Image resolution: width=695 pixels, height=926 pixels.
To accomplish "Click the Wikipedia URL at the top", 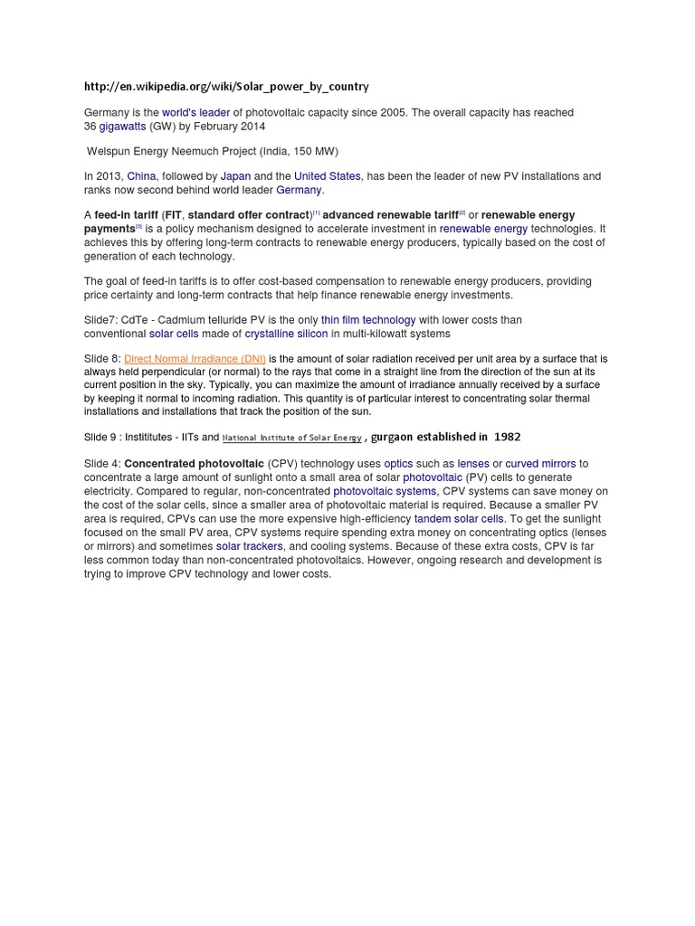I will click(x=226, y=87).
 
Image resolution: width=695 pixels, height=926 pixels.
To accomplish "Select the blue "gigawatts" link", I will click(x=122, y=127).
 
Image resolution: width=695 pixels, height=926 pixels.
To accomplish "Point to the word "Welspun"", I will click(x=109, y=151).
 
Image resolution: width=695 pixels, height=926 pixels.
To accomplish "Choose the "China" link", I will click(x=141, y=176).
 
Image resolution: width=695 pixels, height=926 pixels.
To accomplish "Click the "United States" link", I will click(x=327, y=176).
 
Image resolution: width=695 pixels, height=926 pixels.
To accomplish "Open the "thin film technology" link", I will click(x=368, y=320).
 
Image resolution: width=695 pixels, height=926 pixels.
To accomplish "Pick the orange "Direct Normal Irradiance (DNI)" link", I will click(x=195, y=359).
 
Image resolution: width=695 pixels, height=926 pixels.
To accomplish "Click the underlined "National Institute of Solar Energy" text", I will click(x=291, y=438).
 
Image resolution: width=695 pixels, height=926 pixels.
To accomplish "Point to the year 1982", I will click(x=507, y=438).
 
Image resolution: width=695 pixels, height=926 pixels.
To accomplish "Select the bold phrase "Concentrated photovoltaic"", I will click(x=194, y=464).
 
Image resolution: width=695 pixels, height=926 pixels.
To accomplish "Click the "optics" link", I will click(x=398, y=464).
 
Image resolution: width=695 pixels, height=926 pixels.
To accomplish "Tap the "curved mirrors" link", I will click(x=540, y=464).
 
